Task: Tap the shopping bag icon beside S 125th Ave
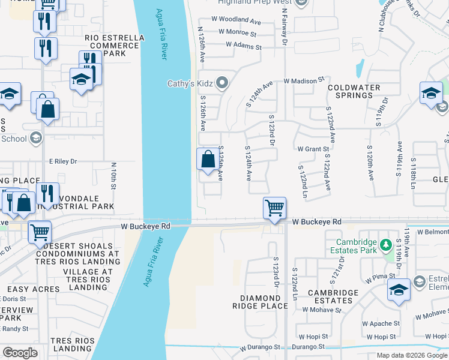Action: click(x=208, y=160)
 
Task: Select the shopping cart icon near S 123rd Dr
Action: click(x=274, y=208)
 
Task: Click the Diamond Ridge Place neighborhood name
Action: click(x=264, y=302)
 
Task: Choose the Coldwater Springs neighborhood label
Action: click(x=354, y=91)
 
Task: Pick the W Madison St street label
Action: click(x=304, y=79)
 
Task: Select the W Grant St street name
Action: click(x=313, y=149)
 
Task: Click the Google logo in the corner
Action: click(x=20, y=353)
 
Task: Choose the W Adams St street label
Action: click(x=244, y=46)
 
